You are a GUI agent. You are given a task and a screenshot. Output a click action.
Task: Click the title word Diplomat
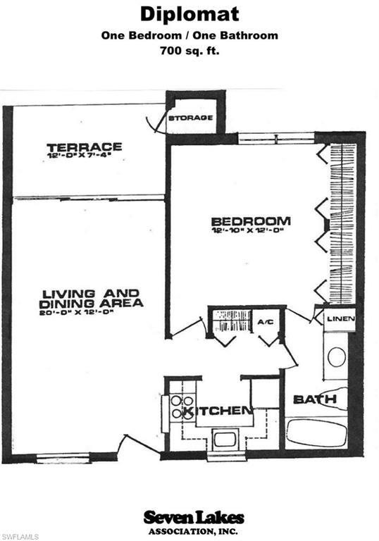click(x=189, y=14)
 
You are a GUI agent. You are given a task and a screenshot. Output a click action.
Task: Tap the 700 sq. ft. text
click(x=189, y=50)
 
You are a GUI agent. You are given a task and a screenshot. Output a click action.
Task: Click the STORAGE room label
click(x=190, y=117)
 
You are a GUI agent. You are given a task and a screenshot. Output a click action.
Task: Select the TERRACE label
click(x=85, y=147)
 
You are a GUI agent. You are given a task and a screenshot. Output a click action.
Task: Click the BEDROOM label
click(x=250, y=220)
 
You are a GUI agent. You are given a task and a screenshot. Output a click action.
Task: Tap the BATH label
click(x=314, y=400)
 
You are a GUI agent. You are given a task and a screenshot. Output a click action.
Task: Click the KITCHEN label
click(x=218, y=411)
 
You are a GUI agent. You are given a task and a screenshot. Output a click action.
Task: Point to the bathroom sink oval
click(x=337, y=356)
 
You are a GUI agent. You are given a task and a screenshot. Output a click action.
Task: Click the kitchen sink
click(x=225, y=439)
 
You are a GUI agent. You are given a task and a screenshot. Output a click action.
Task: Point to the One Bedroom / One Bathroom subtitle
click(x=189, y=35)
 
